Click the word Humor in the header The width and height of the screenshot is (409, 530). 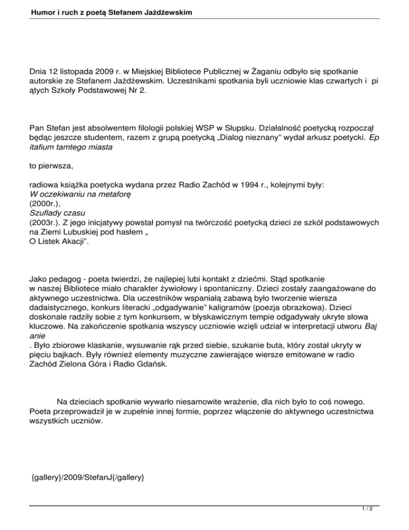[28, 11]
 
